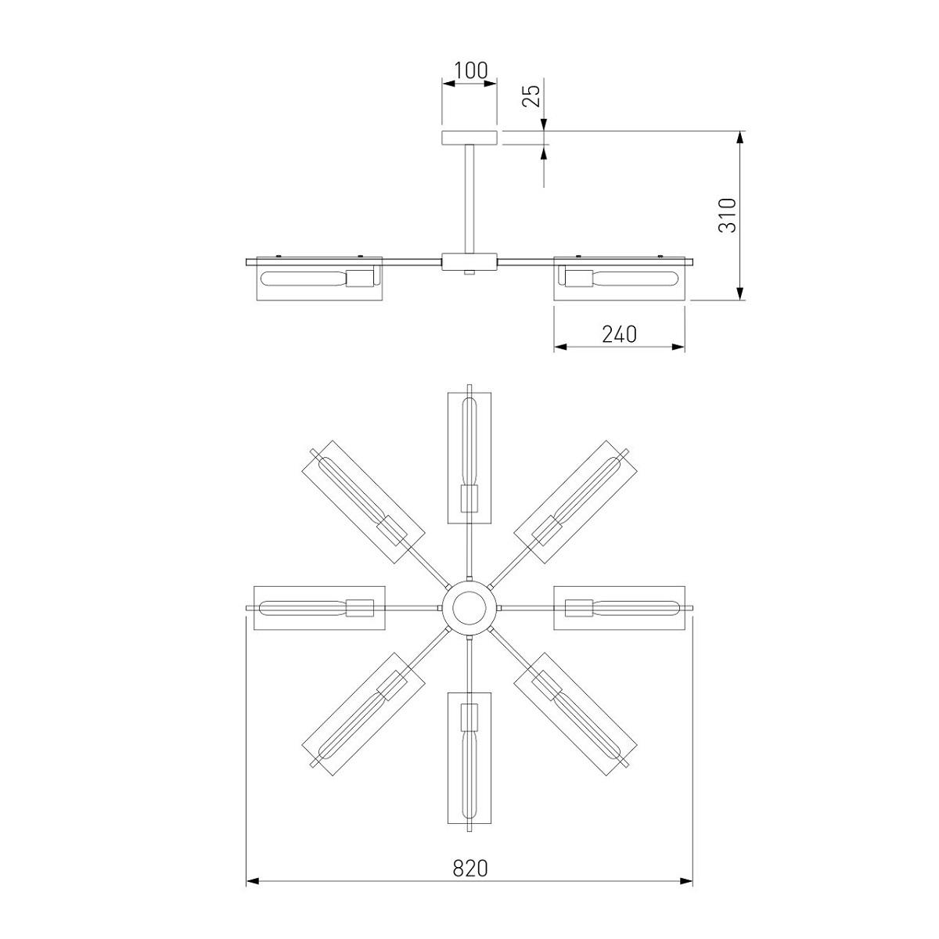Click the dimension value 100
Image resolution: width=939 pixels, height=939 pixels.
[469, 70]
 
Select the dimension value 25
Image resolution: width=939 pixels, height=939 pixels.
[532, 95]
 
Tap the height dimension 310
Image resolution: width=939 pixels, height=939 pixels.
[728, 214]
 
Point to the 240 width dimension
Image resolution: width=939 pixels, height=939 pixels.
[619, 334]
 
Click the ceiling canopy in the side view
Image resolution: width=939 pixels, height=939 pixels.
[469, 138]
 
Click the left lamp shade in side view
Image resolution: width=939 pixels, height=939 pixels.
[318, 279]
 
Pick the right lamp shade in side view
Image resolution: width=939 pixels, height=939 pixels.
[621, 279]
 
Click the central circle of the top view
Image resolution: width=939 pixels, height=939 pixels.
[469, 608]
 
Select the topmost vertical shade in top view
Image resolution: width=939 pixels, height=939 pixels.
[469, 457]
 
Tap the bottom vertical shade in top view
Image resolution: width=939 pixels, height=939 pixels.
[469, 757]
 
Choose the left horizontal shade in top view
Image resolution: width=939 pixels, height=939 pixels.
[319, 607]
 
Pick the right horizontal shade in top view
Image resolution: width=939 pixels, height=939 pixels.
[621, 607]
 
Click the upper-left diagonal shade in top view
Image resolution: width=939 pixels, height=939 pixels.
[363, 502]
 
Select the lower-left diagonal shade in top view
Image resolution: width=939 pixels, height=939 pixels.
[363, 713]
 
